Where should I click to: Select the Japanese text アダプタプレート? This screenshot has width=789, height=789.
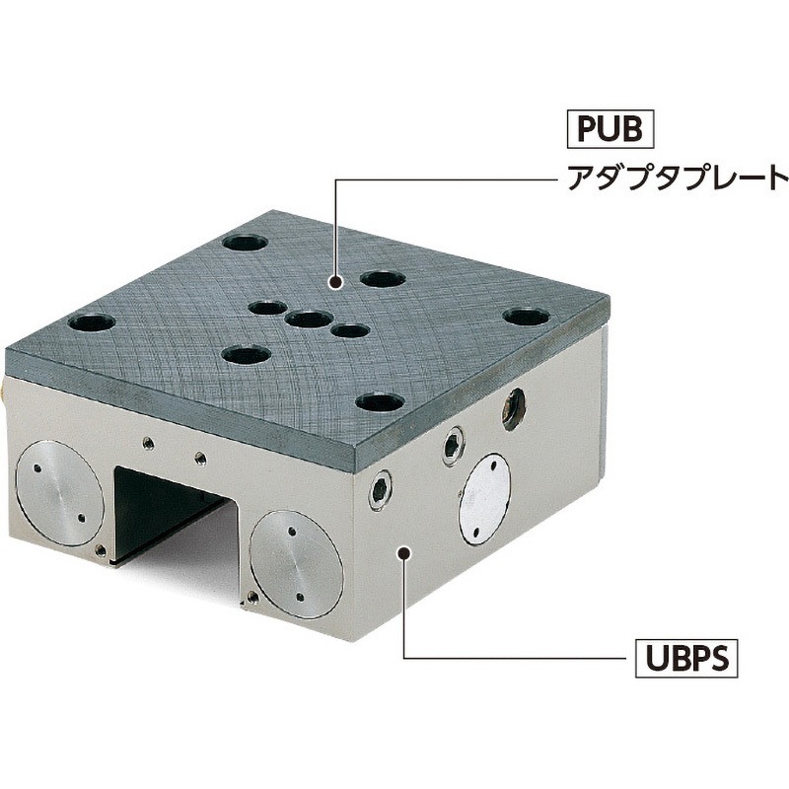coord(678,180)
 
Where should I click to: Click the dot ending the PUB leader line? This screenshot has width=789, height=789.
coord(336,283)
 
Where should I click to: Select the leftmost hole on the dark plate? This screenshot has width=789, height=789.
coord(90,322)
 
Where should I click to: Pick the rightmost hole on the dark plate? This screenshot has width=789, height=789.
coord(525,317)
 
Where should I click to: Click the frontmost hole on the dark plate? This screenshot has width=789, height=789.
coord(380,402)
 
